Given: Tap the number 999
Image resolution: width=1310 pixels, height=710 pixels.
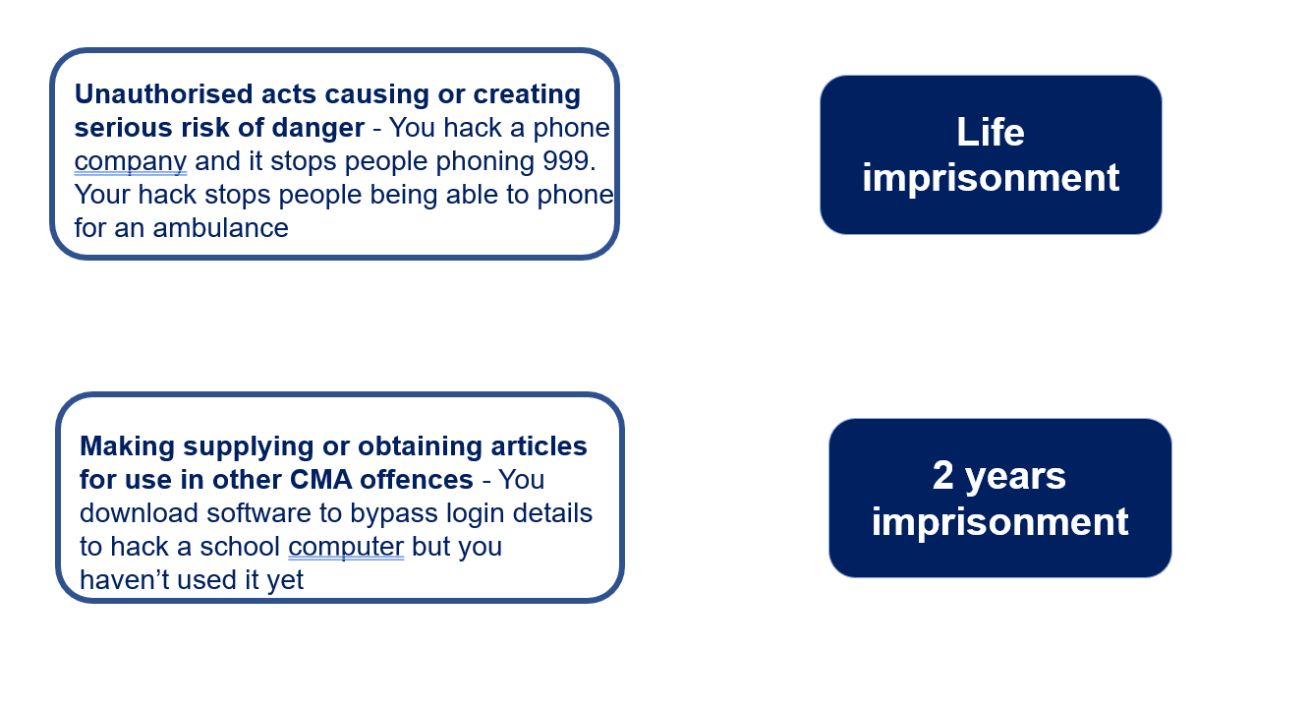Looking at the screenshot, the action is [569, 161].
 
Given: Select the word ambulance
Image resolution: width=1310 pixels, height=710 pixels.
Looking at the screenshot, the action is [220, 228].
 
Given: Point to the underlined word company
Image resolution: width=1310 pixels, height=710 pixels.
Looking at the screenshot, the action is [131, 162].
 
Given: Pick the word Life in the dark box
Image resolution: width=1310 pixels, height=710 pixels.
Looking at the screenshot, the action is [990, 132].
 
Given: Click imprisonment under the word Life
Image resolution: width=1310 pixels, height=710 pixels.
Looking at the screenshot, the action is [991, 178].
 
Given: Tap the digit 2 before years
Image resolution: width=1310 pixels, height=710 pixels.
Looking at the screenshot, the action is [942, 475].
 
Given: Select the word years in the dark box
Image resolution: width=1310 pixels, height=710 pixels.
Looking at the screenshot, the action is [1015, 477].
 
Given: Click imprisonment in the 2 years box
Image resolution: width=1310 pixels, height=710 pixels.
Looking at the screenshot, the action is [999, 522].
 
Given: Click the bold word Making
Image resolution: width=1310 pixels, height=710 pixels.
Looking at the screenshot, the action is [127, 447].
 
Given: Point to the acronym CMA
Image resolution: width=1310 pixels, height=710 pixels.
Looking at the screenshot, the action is [320, 480].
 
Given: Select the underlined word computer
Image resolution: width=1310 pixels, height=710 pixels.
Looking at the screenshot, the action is [346, 548].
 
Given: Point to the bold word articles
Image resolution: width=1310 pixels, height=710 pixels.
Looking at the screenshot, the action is [539, 446].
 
